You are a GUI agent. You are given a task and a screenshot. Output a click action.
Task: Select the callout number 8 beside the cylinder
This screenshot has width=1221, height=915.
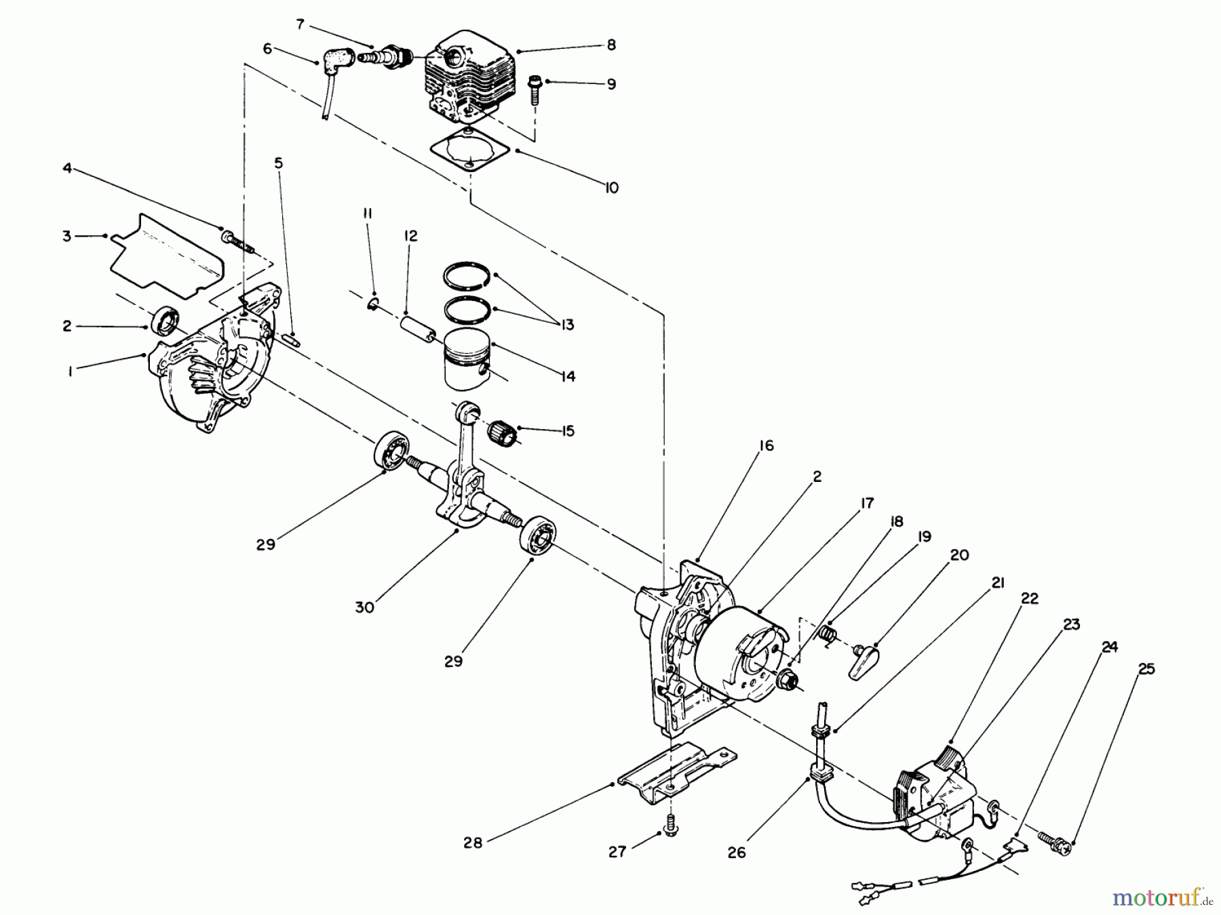[x=611, y=45]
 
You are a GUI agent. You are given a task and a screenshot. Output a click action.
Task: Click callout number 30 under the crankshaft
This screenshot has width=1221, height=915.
[x=365, y=607]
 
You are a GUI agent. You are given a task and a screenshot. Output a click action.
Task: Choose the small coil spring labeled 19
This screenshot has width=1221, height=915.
[x=827, y=634]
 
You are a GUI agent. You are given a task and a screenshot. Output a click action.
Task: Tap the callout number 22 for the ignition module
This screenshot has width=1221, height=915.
[x=1029, y=599]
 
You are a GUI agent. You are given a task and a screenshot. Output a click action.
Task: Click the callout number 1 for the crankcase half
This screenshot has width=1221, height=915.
[x=70, y=369]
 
